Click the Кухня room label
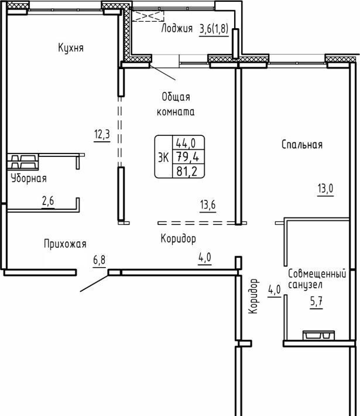point(71,48)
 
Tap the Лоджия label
point(177,28)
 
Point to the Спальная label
point(302,145)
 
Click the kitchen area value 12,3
point(102,134)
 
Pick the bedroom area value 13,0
point(325,189)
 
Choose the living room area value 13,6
point(208,205)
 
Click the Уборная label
point(29,178)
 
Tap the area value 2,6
point(48,201)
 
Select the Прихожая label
point(65,244)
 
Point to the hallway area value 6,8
point(100,260)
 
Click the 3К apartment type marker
point(163,158)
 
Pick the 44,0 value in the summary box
point(186,144)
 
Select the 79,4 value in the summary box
point(188,157)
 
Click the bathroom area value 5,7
point(316,302)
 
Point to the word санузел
point(305,285)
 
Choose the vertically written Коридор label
point(253,296)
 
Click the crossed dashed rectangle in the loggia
point(148,16)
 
